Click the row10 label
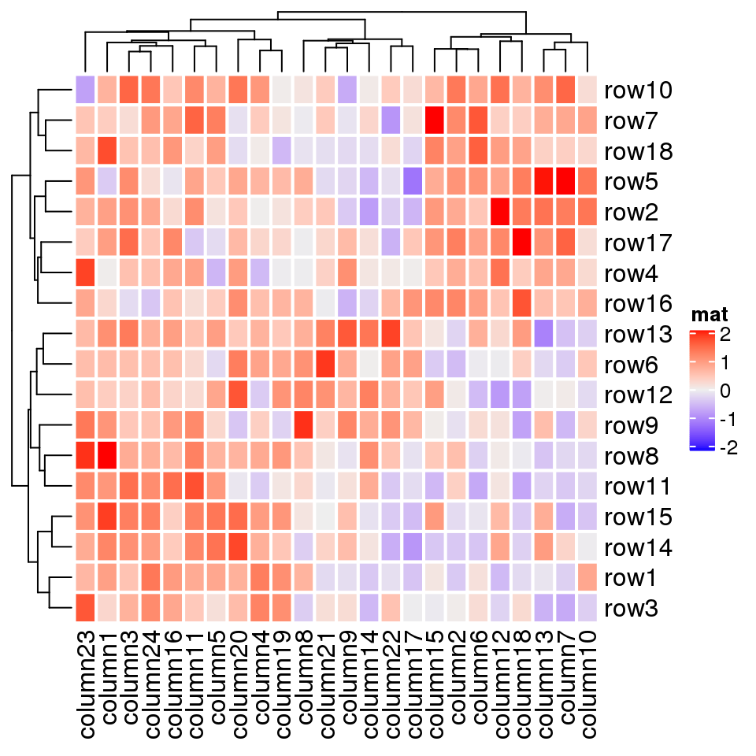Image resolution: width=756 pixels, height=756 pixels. coord(637,91)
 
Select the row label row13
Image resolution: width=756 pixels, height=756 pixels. coord(637,335)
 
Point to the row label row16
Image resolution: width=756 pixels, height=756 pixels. coord(637,304)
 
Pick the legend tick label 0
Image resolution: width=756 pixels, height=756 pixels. coord(724,391)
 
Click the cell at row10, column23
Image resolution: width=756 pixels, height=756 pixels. coord(86,91)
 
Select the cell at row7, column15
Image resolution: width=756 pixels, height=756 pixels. coord(435,121)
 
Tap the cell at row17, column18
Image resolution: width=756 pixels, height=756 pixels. coord(521,243)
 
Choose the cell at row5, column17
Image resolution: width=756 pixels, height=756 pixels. coord(413,182)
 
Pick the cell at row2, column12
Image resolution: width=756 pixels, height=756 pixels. coord(500,213)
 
